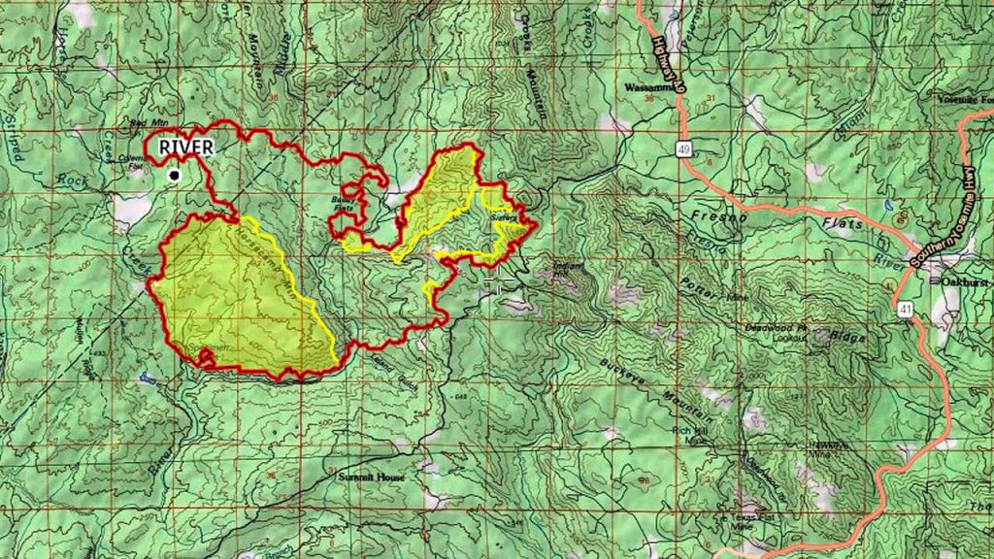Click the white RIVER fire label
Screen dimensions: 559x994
(x=187, y=147)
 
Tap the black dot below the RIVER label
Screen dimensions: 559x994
(x=174, y=175)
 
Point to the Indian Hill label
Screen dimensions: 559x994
(x=566, y=268)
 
